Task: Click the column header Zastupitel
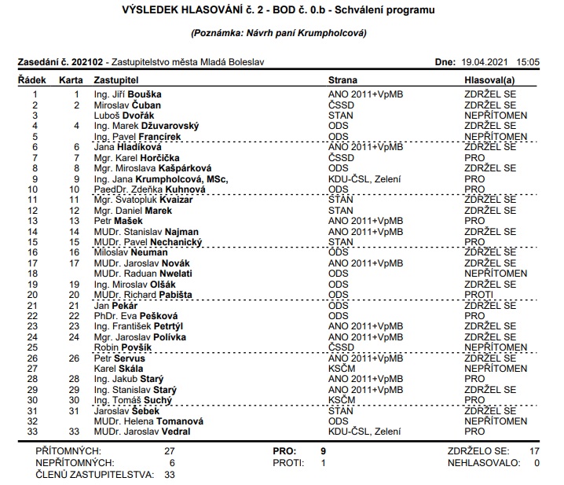pos(115,80)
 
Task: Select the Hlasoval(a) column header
pos(489,80)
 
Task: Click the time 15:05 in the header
pos(529,61)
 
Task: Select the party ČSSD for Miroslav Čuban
pos(341,105)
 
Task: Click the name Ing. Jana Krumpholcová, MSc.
pos(160,179)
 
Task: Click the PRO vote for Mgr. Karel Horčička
pos(474,157)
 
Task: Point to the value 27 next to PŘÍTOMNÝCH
pos(169,451)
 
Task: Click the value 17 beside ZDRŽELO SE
pos(533,451)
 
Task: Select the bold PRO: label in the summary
pos(284,451)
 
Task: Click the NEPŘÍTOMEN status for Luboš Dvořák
pos(495,116)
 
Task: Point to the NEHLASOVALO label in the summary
pos(483,463)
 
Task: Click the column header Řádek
pos(31,80)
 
